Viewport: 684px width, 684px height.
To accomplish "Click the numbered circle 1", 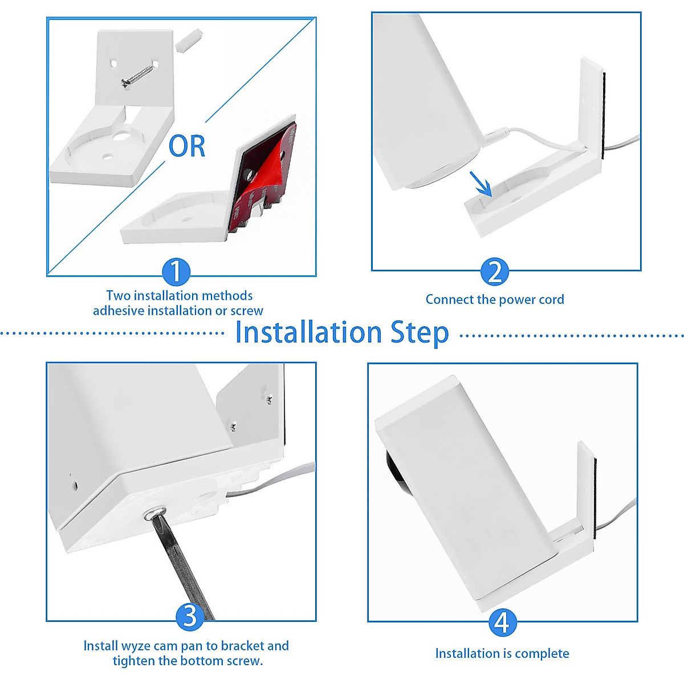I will [176, 272].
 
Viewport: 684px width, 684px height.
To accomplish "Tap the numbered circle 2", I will [494, 272].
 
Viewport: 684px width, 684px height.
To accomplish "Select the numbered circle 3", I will [189, 616].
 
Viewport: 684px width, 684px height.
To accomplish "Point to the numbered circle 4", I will [502, 622].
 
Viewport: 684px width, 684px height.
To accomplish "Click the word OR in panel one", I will [187, 146].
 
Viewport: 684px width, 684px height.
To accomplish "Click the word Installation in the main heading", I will [308, 332].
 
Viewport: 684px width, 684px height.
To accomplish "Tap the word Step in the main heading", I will [420, 332].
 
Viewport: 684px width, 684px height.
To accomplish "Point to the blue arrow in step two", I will [481, 184].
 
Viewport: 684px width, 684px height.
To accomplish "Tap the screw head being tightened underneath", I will [154, 512].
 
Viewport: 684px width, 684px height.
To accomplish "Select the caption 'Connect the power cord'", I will [494, 300].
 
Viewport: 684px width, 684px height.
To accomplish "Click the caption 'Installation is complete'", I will [502, 653].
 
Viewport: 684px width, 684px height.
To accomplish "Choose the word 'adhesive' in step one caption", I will [119, 311].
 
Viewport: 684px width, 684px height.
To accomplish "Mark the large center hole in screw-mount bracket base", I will [122, 137].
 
